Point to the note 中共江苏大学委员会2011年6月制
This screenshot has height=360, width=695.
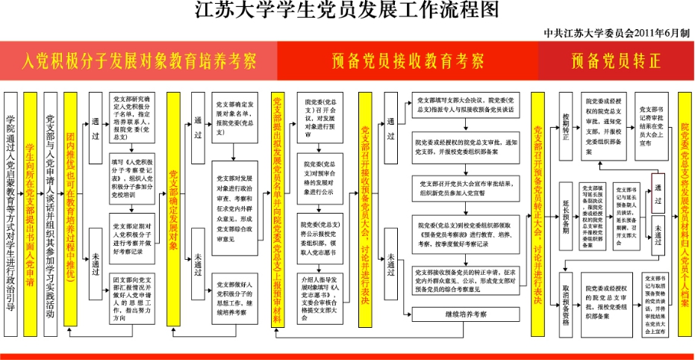tap(617, 34)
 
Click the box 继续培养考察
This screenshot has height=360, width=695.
tap(466, 314)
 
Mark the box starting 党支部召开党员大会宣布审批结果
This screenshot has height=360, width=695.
tap(466, 187)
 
